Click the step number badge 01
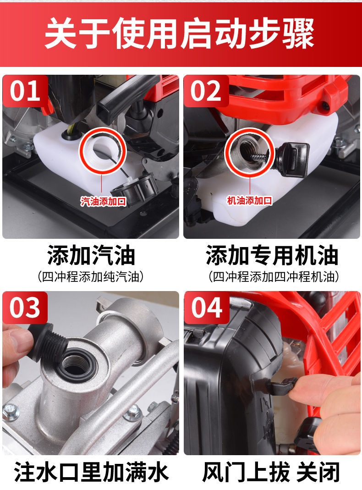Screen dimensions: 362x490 point(25,91)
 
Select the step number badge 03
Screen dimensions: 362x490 point(25,308)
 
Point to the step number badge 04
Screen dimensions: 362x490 point(206,308)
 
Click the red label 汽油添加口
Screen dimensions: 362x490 point(103,201)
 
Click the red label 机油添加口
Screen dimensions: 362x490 point(249,200)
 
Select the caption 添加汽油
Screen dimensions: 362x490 point(91,255)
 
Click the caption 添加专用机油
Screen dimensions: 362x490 point(272,255)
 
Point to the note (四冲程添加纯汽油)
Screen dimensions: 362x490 point(91,276)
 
